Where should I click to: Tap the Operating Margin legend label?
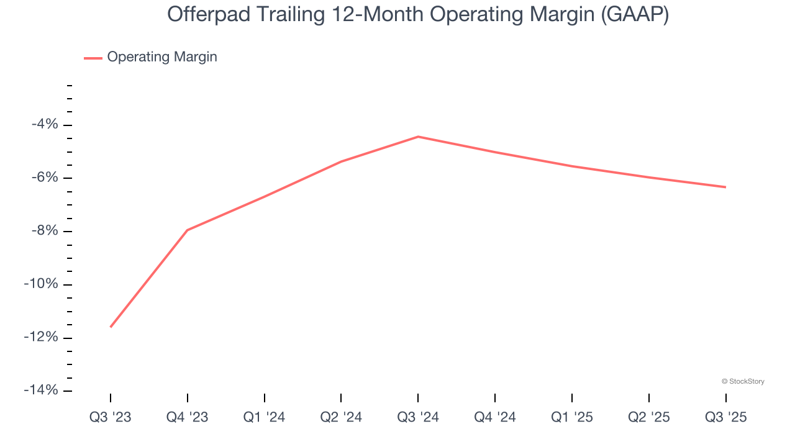tap(162, 57)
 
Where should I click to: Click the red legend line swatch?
tap(93, 58)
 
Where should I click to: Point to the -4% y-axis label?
tap(45, 125)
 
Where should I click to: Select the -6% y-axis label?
tap(45, 178)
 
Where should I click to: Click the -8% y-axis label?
tap(45, 231)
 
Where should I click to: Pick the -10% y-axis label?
tap(42, 284)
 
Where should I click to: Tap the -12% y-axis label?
tap(42, 337)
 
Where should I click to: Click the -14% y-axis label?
tap(42, 390)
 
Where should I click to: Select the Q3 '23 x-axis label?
tap(111, 418)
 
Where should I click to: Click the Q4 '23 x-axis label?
tap(188, 418)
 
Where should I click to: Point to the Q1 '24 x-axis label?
tap(265, 418)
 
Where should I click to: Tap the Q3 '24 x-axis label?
tap(418, 418)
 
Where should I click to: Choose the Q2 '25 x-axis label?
tap(649, 418)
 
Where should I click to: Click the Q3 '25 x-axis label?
tap(725, 418)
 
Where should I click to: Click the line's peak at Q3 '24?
tap(418, 137)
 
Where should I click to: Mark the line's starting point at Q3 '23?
tap(111, 327)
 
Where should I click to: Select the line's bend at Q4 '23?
tap(188, 230)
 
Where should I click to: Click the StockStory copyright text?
tap(743, 381)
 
